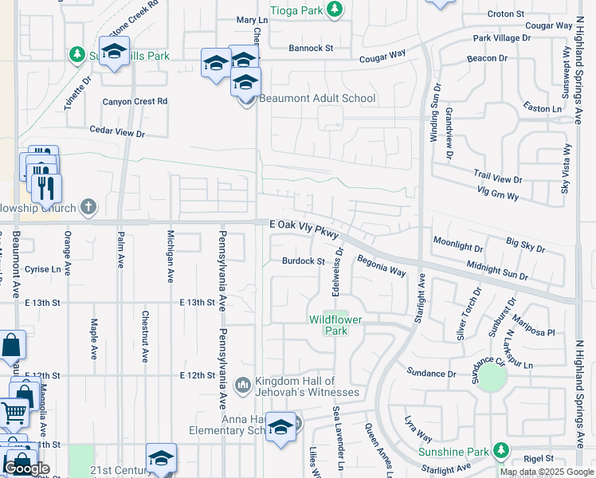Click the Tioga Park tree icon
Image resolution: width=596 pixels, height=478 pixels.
tap(336, 9)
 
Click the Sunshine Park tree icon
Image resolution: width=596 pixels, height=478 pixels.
tap(500, 452)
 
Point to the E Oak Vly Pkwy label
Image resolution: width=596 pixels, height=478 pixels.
tap(304, 229)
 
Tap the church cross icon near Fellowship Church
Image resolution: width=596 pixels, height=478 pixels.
tap(88, 208)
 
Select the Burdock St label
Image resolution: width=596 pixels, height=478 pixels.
tap(304, 261)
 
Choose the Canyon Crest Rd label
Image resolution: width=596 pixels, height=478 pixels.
tap(135, 101)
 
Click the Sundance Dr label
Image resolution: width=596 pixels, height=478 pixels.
tap(431, 373)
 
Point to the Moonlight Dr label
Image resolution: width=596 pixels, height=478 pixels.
tap(458, 240)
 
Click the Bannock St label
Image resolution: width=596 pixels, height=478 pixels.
tap(311, 48)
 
